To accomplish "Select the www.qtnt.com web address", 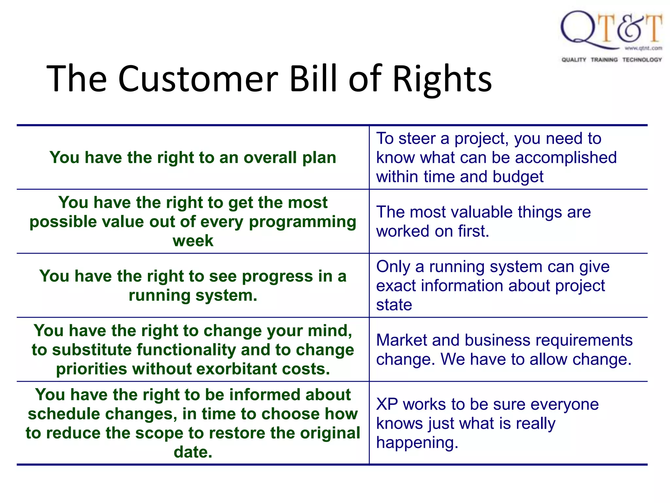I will (643, 48).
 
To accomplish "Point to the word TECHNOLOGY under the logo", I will (642, 60).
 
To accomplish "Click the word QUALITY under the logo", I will (574, 60).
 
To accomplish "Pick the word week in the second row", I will (193, 241).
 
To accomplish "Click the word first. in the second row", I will (473, 231).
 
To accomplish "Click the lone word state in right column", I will (394, 305).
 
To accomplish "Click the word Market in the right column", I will (401, 340).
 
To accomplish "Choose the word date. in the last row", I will (193, 452).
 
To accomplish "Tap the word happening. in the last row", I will (417, 443).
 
